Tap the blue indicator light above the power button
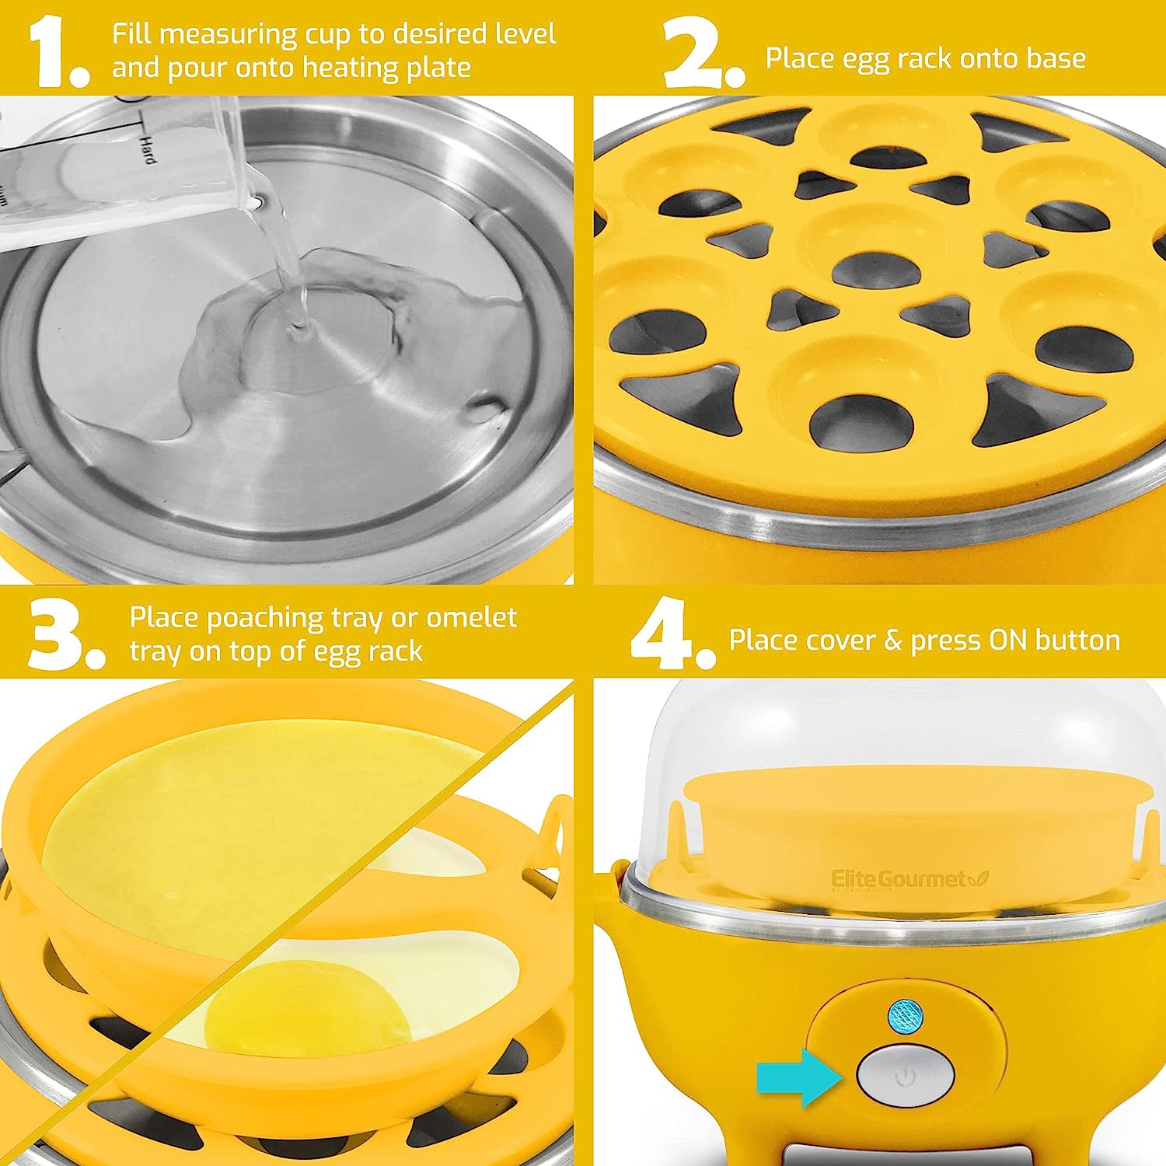(x=903, y=1016)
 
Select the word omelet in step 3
(x=471, y=617)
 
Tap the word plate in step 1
(x=438, y=68)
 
